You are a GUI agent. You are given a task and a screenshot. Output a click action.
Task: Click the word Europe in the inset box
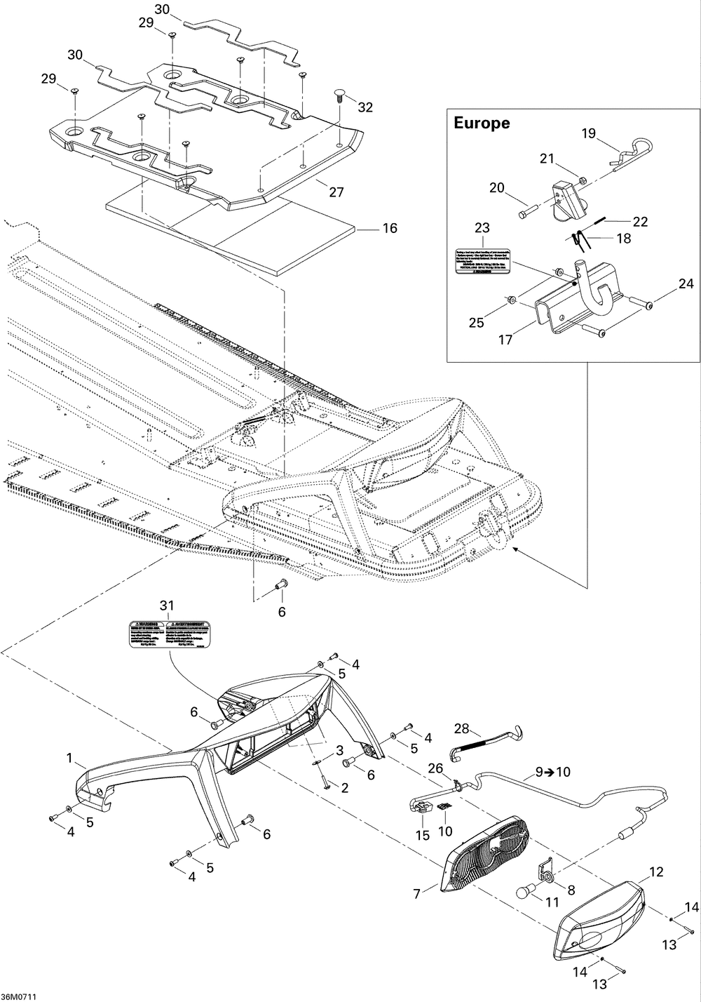482,123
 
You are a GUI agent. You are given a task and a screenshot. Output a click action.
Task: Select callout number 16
389,228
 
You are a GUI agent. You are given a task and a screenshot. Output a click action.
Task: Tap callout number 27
336,192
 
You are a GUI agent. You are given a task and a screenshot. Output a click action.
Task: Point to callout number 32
365,107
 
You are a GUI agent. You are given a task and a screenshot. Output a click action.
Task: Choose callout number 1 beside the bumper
69,758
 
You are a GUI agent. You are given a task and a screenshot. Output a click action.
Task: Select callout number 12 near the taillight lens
656,872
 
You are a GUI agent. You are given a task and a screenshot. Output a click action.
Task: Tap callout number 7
417,894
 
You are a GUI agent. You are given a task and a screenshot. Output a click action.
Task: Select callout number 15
422,836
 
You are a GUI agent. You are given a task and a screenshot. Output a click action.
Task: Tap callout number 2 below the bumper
344,788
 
